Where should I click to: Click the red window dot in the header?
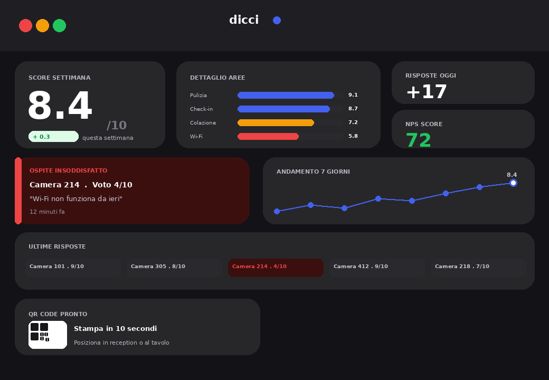point(25,25)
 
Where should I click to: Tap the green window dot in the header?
point(59,25)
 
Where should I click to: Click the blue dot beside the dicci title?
point(277,21)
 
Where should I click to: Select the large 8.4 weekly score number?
point(60,107)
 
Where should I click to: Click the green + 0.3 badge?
point(53,137)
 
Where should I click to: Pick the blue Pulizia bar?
point(286,95)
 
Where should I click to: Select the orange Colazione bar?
point(276,122)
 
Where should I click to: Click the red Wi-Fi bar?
point(268,136)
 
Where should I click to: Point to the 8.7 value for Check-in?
point(353,109)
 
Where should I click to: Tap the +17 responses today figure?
point(427,92)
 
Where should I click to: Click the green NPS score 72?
point(419,140)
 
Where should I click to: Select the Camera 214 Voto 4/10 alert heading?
point(81,185)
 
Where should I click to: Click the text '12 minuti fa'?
point(47,212)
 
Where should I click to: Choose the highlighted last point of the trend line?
point(513,183)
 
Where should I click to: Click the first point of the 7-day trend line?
point(277,211)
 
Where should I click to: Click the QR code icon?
point(48,335)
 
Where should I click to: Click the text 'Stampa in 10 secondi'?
point(115,328)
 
